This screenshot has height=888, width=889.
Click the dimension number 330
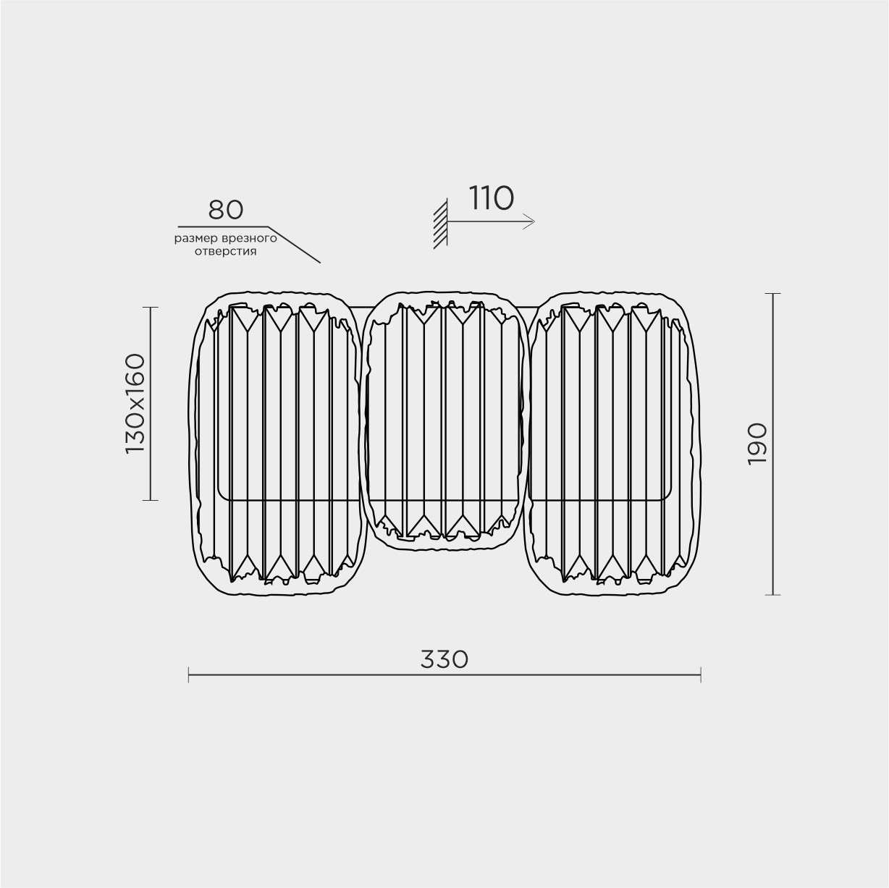(x=444, y=659)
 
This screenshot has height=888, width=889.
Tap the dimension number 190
(x=757, y=444)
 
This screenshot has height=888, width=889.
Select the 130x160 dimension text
(x=135, y=404)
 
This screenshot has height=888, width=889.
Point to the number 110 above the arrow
(x=491, y=198)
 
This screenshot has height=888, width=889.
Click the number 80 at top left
(x=226, y=209)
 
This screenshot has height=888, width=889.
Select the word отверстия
(x=226, y=252)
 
